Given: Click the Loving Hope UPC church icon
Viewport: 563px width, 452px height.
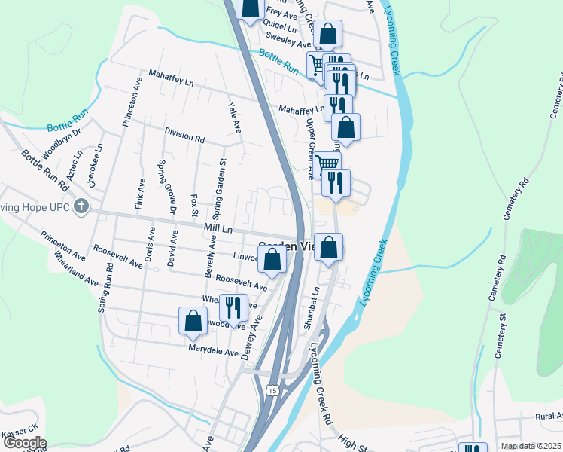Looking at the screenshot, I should pyautogui.click(x=81, y=206).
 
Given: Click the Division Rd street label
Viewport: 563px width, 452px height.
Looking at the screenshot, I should pyautogui.click(x=184, y=135).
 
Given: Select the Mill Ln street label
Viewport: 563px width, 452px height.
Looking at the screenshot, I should pyautogui.click(x=218, y=228).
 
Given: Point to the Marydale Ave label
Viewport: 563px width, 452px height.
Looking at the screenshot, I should pyautogui.click(x=213, y=352).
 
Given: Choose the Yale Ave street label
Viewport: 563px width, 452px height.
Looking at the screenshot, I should pyautogui.click(x=235, y=114).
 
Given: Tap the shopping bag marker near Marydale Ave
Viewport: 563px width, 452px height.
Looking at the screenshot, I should pyautogui.click(x=193, y=320).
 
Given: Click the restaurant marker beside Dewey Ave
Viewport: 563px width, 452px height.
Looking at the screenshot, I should pyautogui.click(x=233, y=307).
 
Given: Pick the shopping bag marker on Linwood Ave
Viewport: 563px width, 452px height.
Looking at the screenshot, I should pyautogui.click(x=272, y=259).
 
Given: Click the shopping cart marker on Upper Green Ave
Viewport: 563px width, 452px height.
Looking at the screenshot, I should pyautogui.click(x=327, y=163).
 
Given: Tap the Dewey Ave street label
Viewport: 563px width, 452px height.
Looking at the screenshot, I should pyautogui.click(x=251, y=338).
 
